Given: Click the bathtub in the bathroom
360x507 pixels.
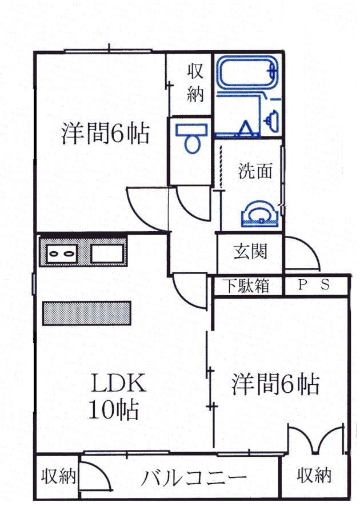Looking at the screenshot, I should coord(247,74).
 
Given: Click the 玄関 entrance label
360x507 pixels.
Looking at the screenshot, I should coord(250,251).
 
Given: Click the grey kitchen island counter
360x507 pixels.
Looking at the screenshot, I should coord(87,313).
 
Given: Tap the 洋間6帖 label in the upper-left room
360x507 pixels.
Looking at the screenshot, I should coord(106,134).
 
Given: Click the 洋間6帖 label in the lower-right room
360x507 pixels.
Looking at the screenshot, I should coord(275,385).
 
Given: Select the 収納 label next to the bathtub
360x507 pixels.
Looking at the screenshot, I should coord(195,83).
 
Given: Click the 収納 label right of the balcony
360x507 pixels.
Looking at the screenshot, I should coord(314,475).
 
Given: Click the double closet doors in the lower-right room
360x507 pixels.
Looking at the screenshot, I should coord(315,439).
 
